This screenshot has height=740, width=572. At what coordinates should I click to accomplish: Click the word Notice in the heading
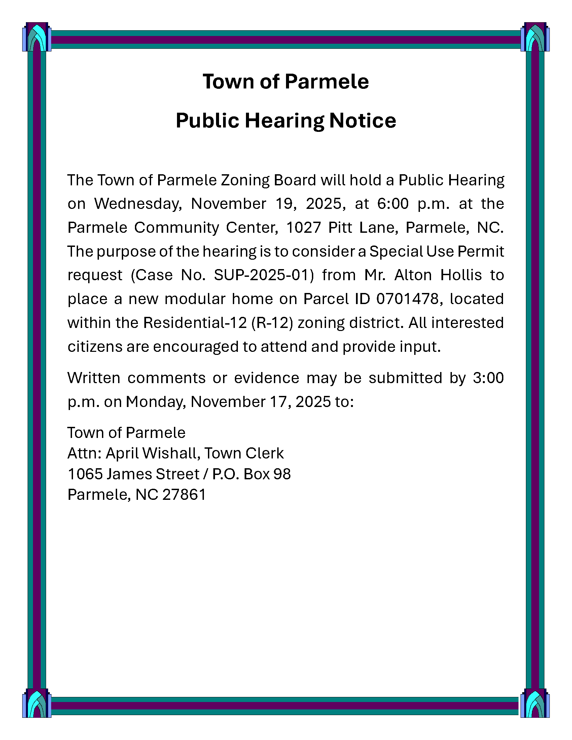click(362, 121)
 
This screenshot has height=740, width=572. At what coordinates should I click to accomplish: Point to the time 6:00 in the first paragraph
click(393, 204)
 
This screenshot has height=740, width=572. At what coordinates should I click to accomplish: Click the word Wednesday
click(138, 204)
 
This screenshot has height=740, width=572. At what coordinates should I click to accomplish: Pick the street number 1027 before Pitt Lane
click(303, 228)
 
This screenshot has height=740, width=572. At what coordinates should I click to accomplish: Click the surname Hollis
click(461, 275)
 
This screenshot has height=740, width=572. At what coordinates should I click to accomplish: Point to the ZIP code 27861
click(184, 495)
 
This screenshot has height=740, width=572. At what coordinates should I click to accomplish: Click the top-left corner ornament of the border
click(37, 37)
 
